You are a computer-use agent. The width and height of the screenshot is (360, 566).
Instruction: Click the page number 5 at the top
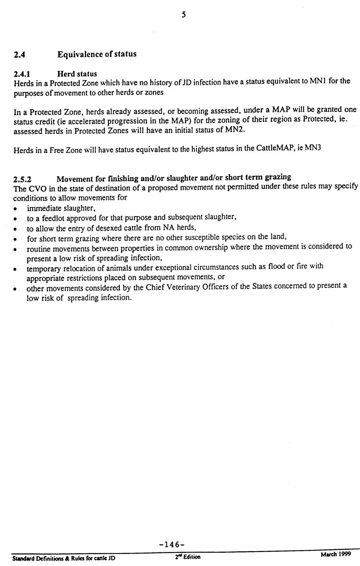pos(183,15)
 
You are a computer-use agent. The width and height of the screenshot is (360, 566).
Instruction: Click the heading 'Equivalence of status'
pos(97,54)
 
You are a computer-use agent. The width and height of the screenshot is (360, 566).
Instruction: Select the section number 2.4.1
pos(22,74)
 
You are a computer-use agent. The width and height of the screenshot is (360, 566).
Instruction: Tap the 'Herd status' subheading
pos(77,74)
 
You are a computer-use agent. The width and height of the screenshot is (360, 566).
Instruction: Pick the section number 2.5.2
pos(22,179)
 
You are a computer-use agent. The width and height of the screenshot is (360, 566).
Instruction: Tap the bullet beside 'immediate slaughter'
pos(15,209)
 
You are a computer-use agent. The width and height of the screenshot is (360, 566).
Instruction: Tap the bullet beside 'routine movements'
pos(15,249)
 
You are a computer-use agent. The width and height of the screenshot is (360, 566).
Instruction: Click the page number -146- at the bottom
pos(171,544)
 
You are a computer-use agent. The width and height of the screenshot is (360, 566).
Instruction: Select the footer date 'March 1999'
pos(335,554)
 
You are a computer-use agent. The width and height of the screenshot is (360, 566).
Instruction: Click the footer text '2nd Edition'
pos(187,557)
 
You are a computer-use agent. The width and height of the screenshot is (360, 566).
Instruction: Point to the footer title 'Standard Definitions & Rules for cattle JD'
pos(64,558)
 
